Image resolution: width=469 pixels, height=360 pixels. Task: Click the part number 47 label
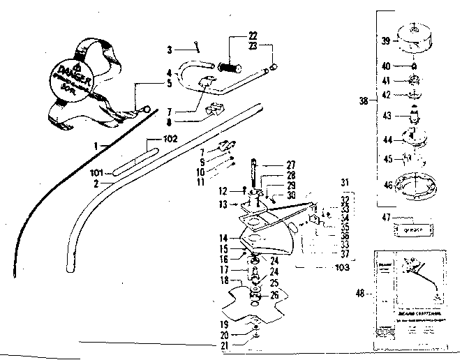[386, 218]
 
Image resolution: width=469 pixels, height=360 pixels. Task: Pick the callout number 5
[168, 83]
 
